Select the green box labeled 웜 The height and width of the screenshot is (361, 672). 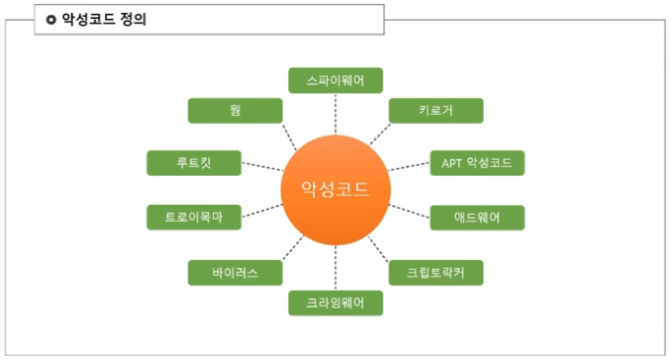point(235,111)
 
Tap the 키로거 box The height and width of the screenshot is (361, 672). point(435,111)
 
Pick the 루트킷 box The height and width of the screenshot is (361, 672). point(193,163)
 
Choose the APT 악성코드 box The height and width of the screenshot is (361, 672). point(477,163)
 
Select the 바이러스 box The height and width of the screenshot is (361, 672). point(235,272)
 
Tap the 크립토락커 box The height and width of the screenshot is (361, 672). point(435,272)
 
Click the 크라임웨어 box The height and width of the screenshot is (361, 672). point(336,303)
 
